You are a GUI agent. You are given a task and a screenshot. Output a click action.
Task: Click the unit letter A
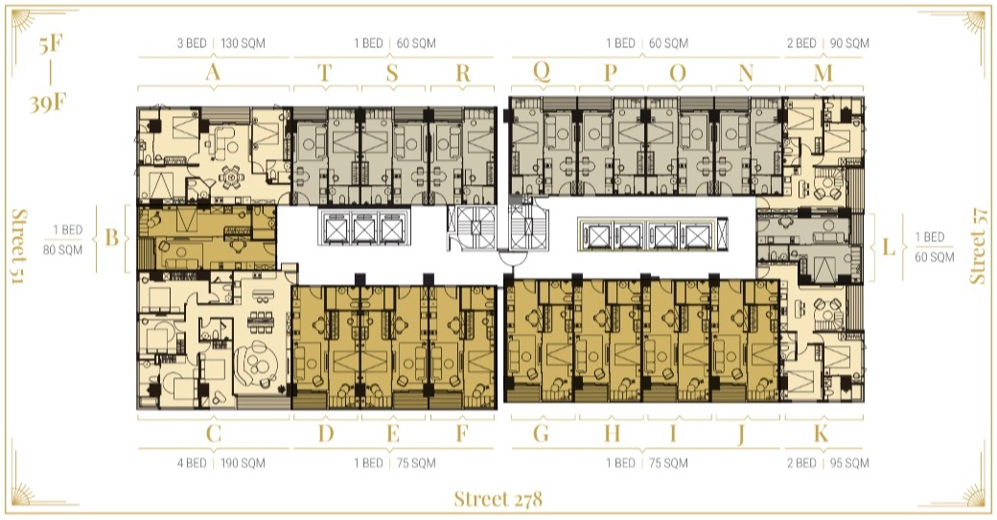coord(213,72)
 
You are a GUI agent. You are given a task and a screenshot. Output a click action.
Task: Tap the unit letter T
coord(325,73)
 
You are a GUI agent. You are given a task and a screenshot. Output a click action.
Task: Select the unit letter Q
coord(541,71)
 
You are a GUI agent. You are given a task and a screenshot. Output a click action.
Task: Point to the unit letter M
coord(823,73)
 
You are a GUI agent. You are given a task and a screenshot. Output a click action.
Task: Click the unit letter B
coord(112,237)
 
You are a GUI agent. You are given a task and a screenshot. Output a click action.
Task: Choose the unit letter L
coord(889,247)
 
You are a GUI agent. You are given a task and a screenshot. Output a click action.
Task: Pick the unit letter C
coord(213,434)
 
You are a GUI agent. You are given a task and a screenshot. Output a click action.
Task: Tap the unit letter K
coord(821,434)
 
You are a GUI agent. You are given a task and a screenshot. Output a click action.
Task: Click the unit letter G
coord(541,434)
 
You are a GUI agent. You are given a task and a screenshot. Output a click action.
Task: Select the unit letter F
coord(462,434)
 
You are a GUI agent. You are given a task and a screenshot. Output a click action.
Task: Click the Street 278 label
coord(498,499)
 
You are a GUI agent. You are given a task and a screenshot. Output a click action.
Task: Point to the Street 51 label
coord(20,247)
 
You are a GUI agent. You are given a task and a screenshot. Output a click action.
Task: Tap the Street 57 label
coord(978,246)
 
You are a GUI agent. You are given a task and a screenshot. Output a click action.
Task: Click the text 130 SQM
coord(243,43)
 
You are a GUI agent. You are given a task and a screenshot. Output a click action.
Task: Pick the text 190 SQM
coord(243,462)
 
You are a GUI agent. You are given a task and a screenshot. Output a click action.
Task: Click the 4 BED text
coord(192,462)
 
